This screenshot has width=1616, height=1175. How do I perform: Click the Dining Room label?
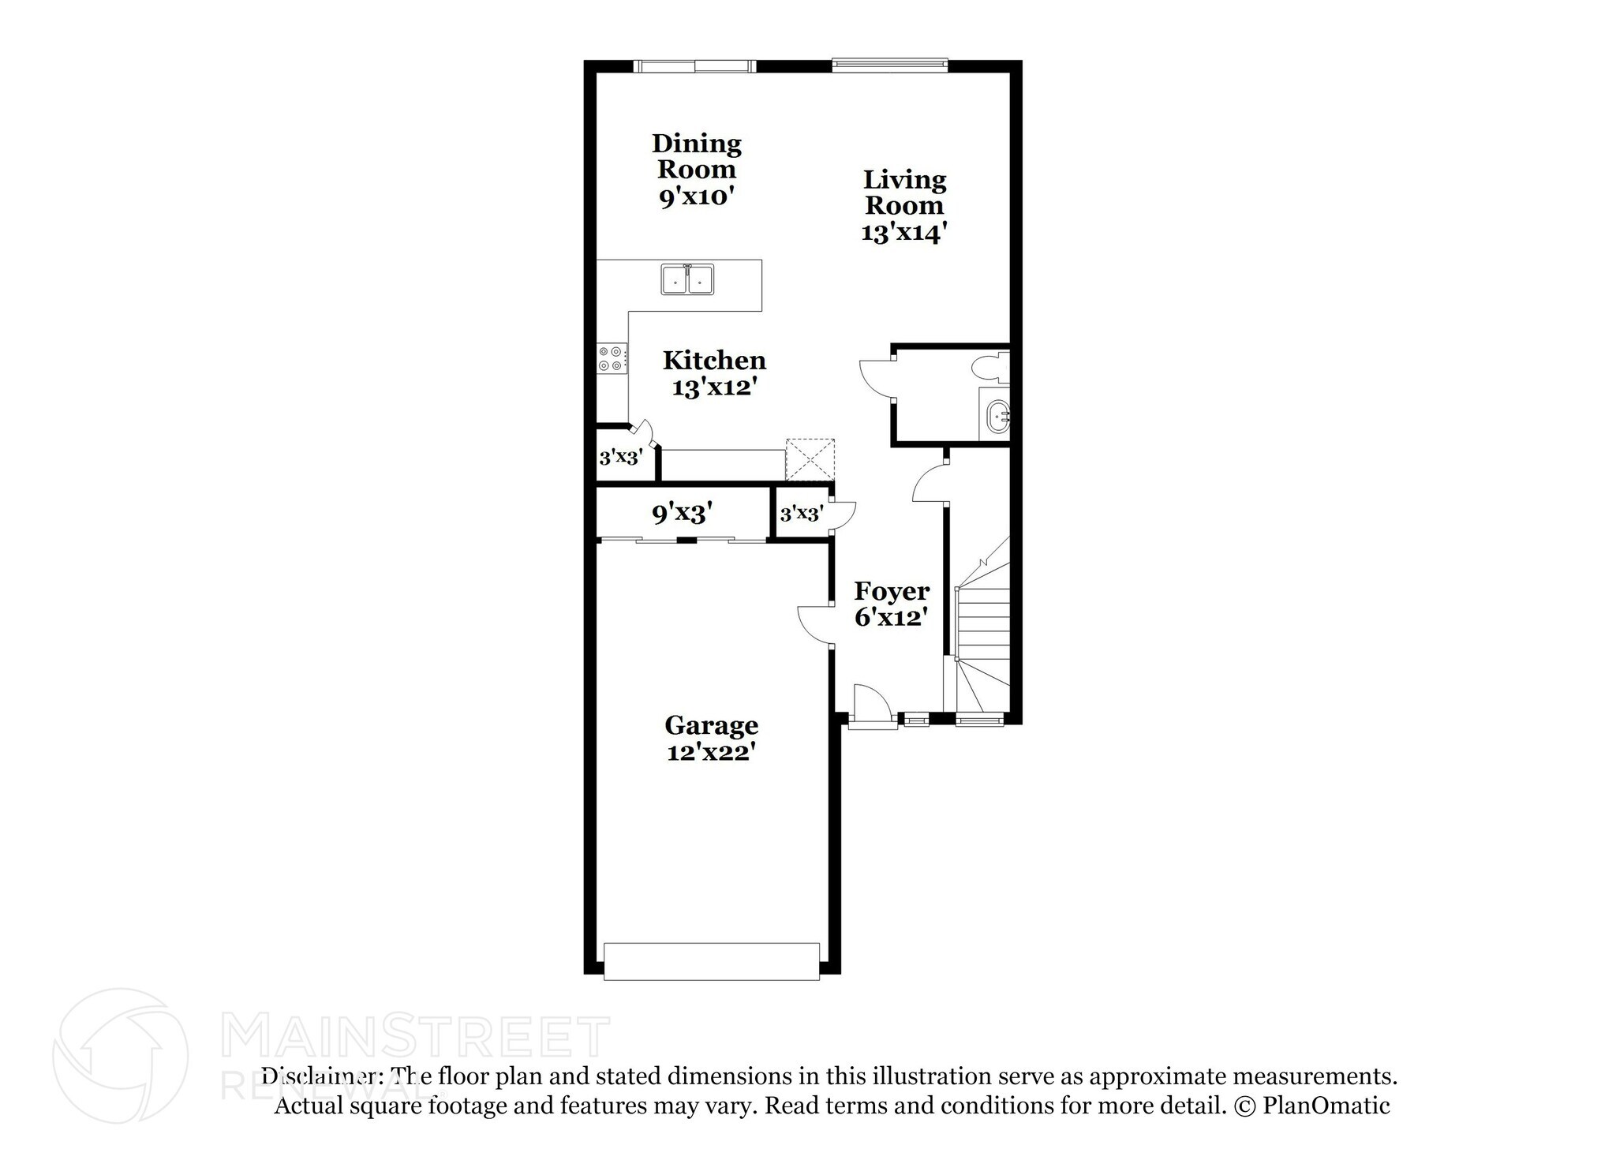pos(697,156)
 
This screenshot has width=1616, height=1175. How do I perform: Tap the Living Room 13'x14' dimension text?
pos(903,233)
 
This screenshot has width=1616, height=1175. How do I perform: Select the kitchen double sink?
pos(687,280)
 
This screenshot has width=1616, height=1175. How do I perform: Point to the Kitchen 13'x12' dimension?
pos(714,387)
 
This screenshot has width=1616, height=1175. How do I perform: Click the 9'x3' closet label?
pos(683,514)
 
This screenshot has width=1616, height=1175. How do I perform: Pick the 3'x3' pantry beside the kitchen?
pos(621,457)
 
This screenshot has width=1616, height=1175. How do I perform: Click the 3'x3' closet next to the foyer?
pos(802,515)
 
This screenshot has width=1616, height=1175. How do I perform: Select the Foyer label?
pos(892,590)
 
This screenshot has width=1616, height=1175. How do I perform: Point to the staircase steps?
pos(984,623)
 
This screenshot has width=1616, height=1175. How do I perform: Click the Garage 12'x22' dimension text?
pos(711,752)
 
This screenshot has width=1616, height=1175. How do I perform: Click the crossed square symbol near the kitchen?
pos(810,459)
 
